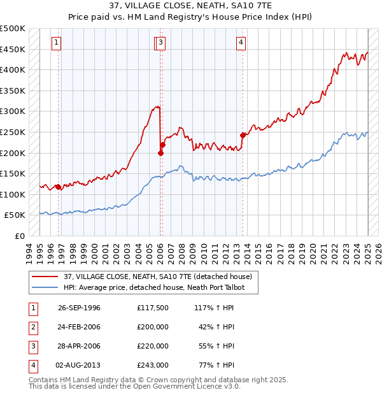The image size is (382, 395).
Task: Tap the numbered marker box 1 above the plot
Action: tap(57, 43)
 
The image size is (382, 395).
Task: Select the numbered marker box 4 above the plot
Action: tap(241, 43)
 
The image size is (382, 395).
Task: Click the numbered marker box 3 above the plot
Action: tap(161, 43)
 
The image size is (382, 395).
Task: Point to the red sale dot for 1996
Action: tap(59, 187)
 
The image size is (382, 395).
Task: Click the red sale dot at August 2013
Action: tap(243, 135)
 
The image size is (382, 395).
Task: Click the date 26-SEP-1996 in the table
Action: tap(79, 308)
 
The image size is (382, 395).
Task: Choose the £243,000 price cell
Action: tap(153, 365)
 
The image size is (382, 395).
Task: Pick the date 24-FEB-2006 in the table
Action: tap(79, 327)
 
